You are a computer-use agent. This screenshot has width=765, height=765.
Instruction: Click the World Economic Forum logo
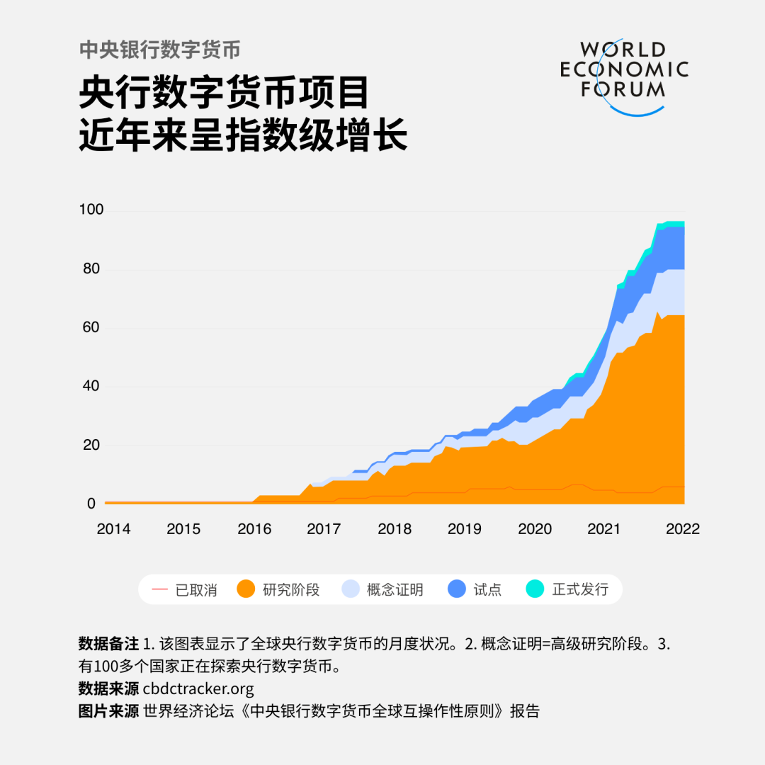tap(624, 74)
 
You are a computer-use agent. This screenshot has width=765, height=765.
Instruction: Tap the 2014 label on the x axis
tap(113, 529)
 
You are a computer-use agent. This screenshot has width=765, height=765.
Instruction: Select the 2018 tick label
tap(394, 529)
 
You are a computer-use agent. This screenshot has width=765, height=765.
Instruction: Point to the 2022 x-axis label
tap(682, 529)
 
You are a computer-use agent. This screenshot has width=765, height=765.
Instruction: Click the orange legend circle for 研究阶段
tap(246, 589)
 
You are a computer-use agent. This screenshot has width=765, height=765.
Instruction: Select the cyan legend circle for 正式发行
tap(535, 589)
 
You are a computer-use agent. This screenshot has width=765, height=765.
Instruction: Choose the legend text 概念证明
tap(395, 589)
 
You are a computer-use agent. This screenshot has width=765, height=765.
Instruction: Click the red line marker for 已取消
tap(160, 589)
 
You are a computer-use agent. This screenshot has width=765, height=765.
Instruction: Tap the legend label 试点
tap(487, 589)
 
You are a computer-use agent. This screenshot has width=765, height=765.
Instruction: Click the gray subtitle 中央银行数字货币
tap(159, 50)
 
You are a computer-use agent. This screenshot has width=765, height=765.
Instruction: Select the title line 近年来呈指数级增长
tap(243, 134)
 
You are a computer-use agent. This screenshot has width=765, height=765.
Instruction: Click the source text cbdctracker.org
tap(198, 688)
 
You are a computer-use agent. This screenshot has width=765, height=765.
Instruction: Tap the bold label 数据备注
tap(108, 645)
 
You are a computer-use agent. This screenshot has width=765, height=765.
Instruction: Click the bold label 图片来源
tap(108, 710)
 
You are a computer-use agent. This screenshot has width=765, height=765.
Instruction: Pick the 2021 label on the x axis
tap(604, 529)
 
